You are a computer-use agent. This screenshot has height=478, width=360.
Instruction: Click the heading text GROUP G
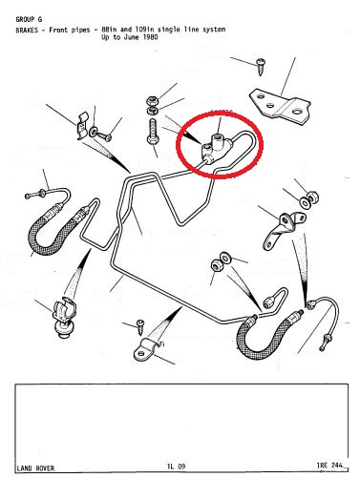click(x=29, y=19)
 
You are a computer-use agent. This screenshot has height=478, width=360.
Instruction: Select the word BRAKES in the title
click(x=27, y=31)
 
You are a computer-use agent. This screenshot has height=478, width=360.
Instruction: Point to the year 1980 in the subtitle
click(x=150, y=37)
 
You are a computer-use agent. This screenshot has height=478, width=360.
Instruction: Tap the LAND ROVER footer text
click(x=35, y=468)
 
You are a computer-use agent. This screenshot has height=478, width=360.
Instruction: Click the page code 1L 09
click(x=176, y=467)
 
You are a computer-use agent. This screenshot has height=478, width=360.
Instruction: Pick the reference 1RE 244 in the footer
click(x=329, y=466)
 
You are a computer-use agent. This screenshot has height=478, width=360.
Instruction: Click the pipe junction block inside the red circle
click(x=216, y=149)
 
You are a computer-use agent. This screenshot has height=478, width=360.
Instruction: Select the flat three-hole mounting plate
click(x=280, y=108)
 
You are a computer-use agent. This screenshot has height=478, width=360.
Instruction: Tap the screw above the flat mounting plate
click(x=261, y=67)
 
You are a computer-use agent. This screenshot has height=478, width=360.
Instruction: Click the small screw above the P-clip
click(x=140, y=327)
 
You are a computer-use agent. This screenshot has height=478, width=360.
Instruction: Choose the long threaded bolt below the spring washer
click(x=152, y=133)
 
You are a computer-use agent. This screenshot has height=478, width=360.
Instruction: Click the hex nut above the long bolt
click(x=153, y=100)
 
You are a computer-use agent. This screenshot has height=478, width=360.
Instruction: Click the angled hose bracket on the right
click(x=283, y=228)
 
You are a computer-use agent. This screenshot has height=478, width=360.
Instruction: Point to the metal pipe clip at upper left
click(x=83, y=126)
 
